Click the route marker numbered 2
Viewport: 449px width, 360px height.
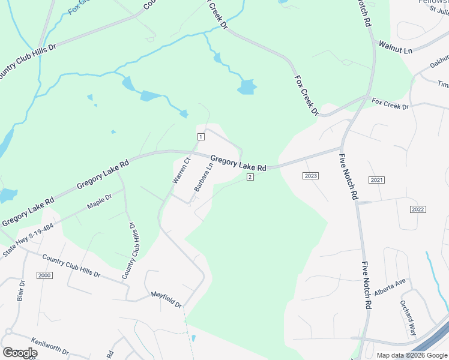250,176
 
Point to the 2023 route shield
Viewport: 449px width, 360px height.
310,176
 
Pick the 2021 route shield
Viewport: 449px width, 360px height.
376,180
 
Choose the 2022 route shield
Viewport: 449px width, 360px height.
418,209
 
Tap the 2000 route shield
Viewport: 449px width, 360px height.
44,275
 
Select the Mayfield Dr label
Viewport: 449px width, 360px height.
166,299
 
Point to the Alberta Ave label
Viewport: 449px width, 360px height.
391,286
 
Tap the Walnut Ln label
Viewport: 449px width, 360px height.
395,47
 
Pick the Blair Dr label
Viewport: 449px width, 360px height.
21,290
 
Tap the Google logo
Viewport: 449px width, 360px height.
19,353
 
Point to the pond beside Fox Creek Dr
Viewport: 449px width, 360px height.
247,88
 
